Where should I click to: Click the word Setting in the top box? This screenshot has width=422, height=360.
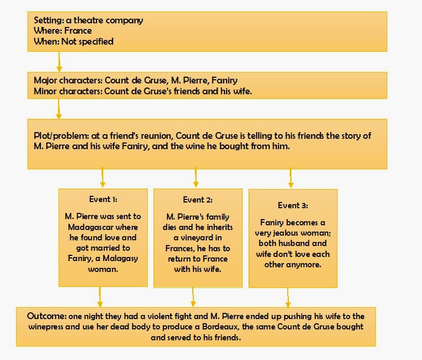coord(49,20)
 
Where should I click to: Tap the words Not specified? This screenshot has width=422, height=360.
coord(88,41)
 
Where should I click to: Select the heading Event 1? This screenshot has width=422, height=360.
coord(103,199)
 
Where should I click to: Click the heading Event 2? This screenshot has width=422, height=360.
coord(198,200)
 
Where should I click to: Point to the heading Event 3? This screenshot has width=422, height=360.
coord(293,206)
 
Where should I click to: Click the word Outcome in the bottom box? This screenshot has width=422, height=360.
coord(47,316)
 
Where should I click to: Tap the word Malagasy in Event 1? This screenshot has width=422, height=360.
coord(120,258)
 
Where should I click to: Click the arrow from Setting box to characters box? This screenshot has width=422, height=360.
coord(59,62)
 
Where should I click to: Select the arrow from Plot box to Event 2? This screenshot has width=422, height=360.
coord(196,177)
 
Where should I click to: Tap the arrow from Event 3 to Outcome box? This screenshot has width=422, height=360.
coord(288,298)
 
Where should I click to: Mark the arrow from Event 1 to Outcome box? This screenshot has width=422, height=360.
coord(100,297)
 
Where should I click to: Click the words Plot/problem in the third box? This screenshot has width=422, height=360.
coord(61,136)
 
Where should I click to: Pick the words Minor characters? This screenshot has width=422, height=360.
coord(68,91)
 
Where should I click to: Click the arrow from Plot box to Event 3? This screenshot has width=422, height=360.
coord(291,178)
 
